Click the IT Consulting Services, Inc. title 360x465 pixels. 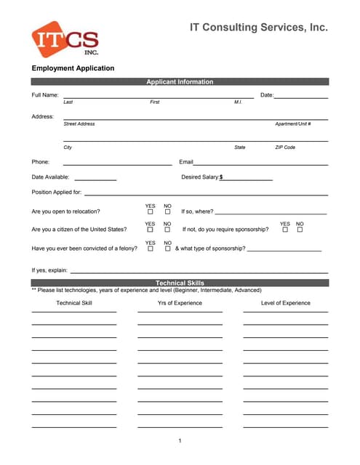(x=258, y=28)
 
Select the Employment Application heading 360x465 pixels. (x=73, y=68)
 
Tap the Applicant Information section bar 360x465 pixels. (x=180, y=82)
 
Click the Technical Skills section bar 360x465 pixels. (x=180, y=283)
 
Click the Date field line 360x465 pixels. (x=300, y=97)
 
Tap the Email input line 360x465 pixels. (x=260, y=164)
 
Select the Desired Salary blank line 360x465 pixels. (x=248, y=179)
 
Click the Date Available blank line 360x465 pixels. (x=95, y=179)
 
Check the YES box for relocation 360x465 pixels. (x=151, y=212)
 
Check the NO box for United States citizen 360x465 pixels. (x=167, y=230)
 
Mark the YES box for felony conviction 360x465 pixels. (x=151, y=248)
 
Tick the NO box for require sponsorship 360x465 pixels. (x=300, y=230)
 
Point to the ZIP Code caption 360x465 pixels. (x=285, y=147)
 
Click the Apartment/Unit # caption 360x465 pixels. (x=293, y=124)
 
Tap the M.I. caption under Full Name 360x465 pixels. (x=238, y=102)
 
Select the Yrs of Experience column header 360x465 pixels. (x=180, y=303)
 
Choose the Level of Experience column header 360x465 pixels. (x=286, y=303)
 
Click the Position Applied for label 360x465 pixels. (x=57, y=193)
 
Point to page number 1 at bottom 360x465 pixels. (x=180, y=441)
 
